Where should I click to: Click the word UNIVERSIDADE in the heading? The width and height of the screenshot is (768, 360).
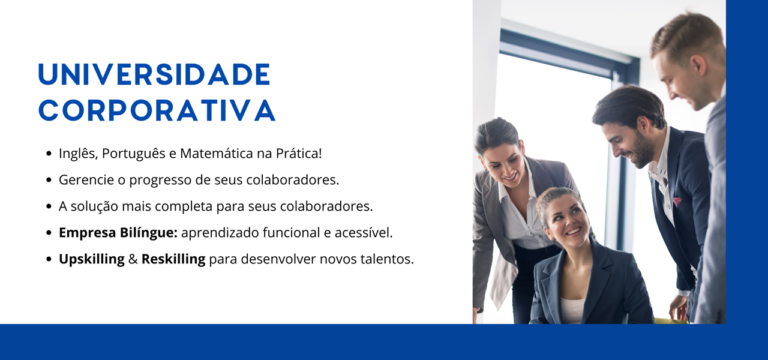[154, 74]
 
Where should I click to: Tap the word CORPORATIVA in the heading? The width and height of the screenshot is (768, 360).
[157, 110]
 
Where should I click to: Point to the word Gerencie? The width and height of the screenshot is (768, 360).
[86, 179]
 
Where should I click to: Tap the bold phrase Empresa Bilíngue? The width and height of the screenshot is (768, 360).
[118, 233]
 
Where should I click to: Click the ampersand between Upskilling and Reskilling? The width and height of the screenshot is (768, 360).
[133, 259]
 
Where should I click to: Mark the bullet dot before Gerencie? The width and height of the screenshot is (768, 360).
[49, 180]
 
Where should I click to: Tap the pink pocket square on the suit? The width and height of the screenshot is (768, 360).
[677, 201]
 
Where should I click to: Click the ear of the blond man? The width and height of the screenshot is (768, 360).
[698, 67]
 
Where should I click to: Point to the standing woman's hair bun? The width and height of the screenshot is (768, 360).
[497, 130]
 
